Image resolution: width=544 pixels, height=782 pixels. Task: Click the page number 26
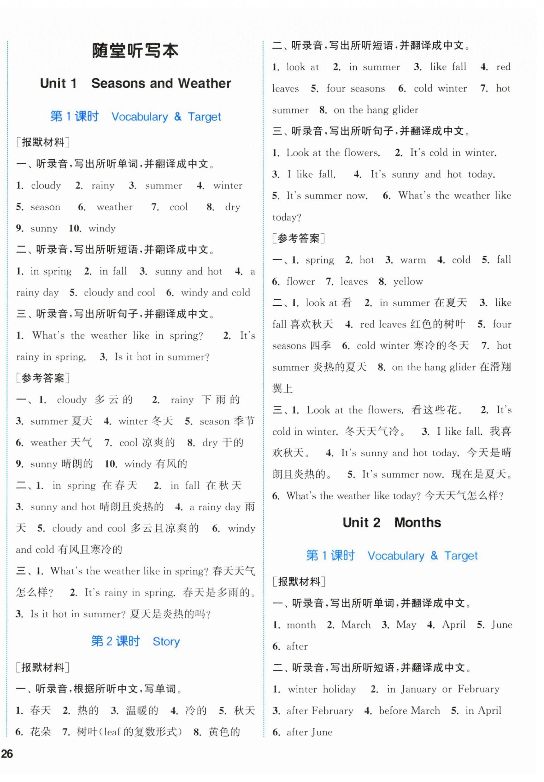[x=7, y=753]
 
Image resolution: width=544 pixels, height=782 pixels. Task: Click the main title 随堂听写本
[x=135, y=51]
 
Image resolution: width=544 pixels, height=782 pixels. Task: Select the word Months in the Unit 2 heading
[x=417, y=523]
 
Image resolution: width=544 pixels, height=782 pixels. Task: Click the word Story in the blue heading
[x=166, y=642]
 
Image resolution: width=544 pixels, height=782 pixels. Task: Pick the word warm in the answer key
[x=413, y=260]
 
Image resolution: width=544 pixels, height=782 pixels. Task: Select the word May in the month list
[x=406, y=625]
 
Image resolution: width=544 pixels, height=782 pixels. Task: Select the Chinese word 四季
[x=320, y=346]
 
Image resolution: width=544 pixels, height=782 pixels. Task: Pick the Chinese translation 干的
[x=233, y=443]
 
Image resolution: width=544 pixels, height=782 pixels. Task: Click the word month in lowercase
[x=301, y=625]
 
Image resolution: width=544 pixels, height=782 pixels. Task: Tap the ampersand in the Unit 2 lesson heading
[x=434, y=556]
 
